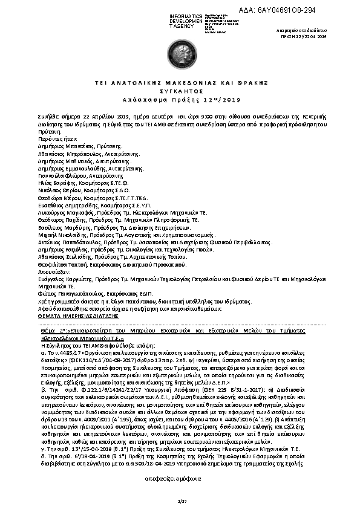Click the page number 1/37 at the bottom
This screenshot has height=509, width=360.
click(x=179, y=502)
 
